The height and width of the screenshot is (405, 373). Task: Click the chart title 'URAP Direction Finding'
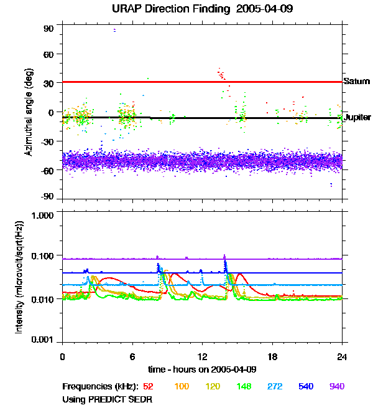click(166, 9)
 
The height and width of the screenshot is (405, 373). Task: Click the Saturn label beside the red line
click(357, 82)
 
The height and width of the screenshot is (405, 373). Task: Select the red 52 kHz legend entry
click(149, 386)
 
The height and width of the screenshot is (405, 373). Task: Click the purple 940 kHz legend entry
click(336, 386)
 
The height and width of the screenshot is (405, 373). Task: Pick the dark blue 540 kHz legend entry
click(305, 386)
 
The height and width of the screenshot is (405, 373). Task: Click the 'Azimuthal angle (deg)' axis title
click(29, 113)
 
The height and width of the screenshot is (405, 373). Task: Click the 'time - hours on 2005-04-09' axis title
click(203, 369)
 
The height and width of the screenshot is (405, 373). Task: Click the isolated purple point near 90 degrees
click(114, 30)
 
